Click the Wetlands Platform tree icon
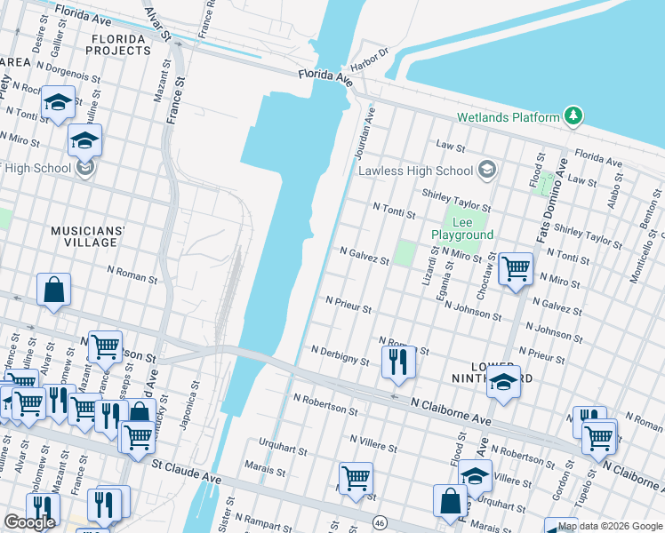574,117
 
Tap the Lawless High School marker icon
486,170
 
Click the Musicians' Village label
90,236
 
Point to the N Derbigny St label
341,355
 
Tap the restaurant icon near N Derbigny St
397,362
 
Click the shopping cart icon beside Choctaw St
515,268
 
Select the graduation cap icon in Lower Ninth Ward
503,383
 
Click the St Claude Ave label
186,470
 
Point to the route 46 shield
380,521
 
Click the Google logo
29,521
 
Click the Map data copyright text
610,527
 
